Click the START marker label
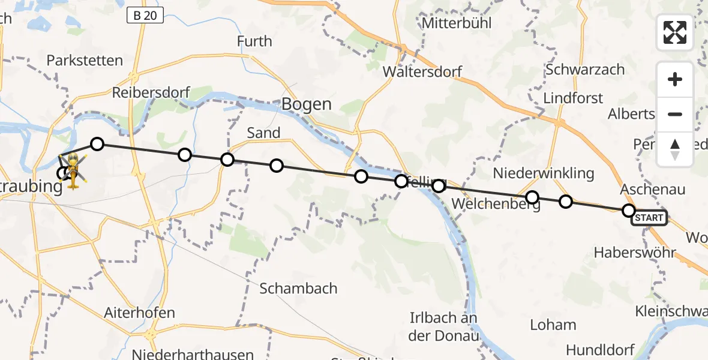click(x=649, y=218)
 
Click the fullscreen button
click(x=675, y=32)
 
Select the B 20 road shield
click(x=145, y=16)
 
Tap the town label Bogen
click(x=306, y=104)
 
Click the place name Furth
click(x=254, y=41)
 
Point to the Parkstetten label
click(x=85, y=61)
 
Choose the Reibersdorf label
click(x=151, y=93)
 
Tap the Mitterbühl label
click(x=457, y=23)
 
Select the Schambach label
click(x=298, y=289)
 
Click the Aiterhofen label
click(x=139, y=313)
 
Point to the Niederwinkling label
click(x=544, y=173)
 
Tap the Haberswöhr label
click(x=635, y=253)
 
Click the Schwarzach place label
click(x=585, y=70)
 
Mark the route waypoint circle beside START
click(x=628, y=210)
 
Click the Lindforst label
click(x=573, y=98)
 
